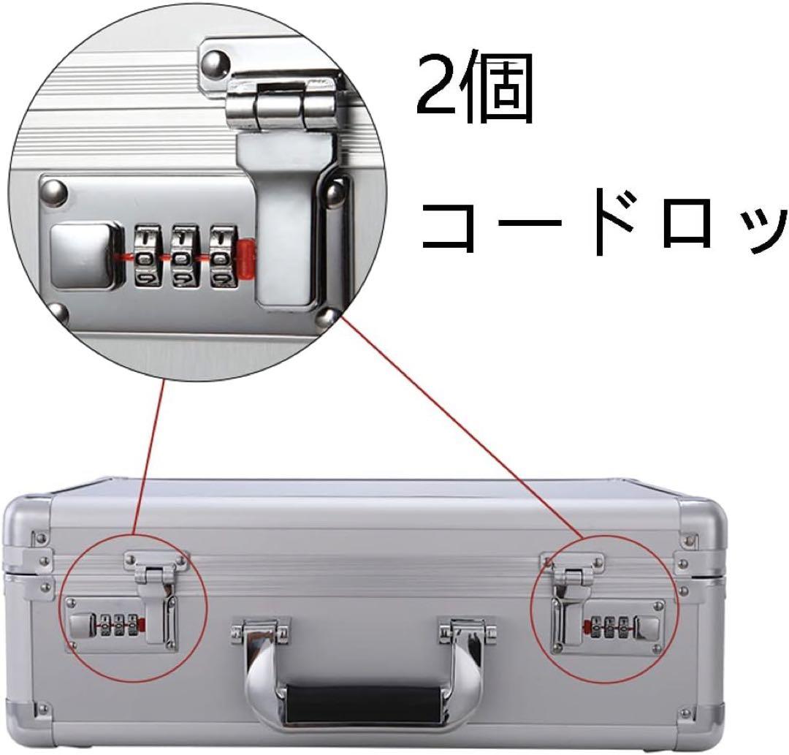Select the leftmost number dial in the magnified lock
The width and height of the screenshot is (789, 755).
click(x=147, y=257)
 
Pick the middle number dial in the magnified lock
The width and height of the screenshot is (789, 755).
click(x=185, y=257)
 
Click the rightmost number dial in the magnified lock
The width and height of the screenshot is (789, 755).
click(x=223, y=257)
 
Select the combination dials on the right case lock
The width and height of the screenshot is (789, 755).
click(x=610, y=627)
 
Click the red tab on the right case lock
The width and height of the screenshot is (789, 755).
click(x=587, y=627)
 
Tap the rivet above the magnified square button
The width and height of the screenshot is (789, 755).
click(x=55, y=191)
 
